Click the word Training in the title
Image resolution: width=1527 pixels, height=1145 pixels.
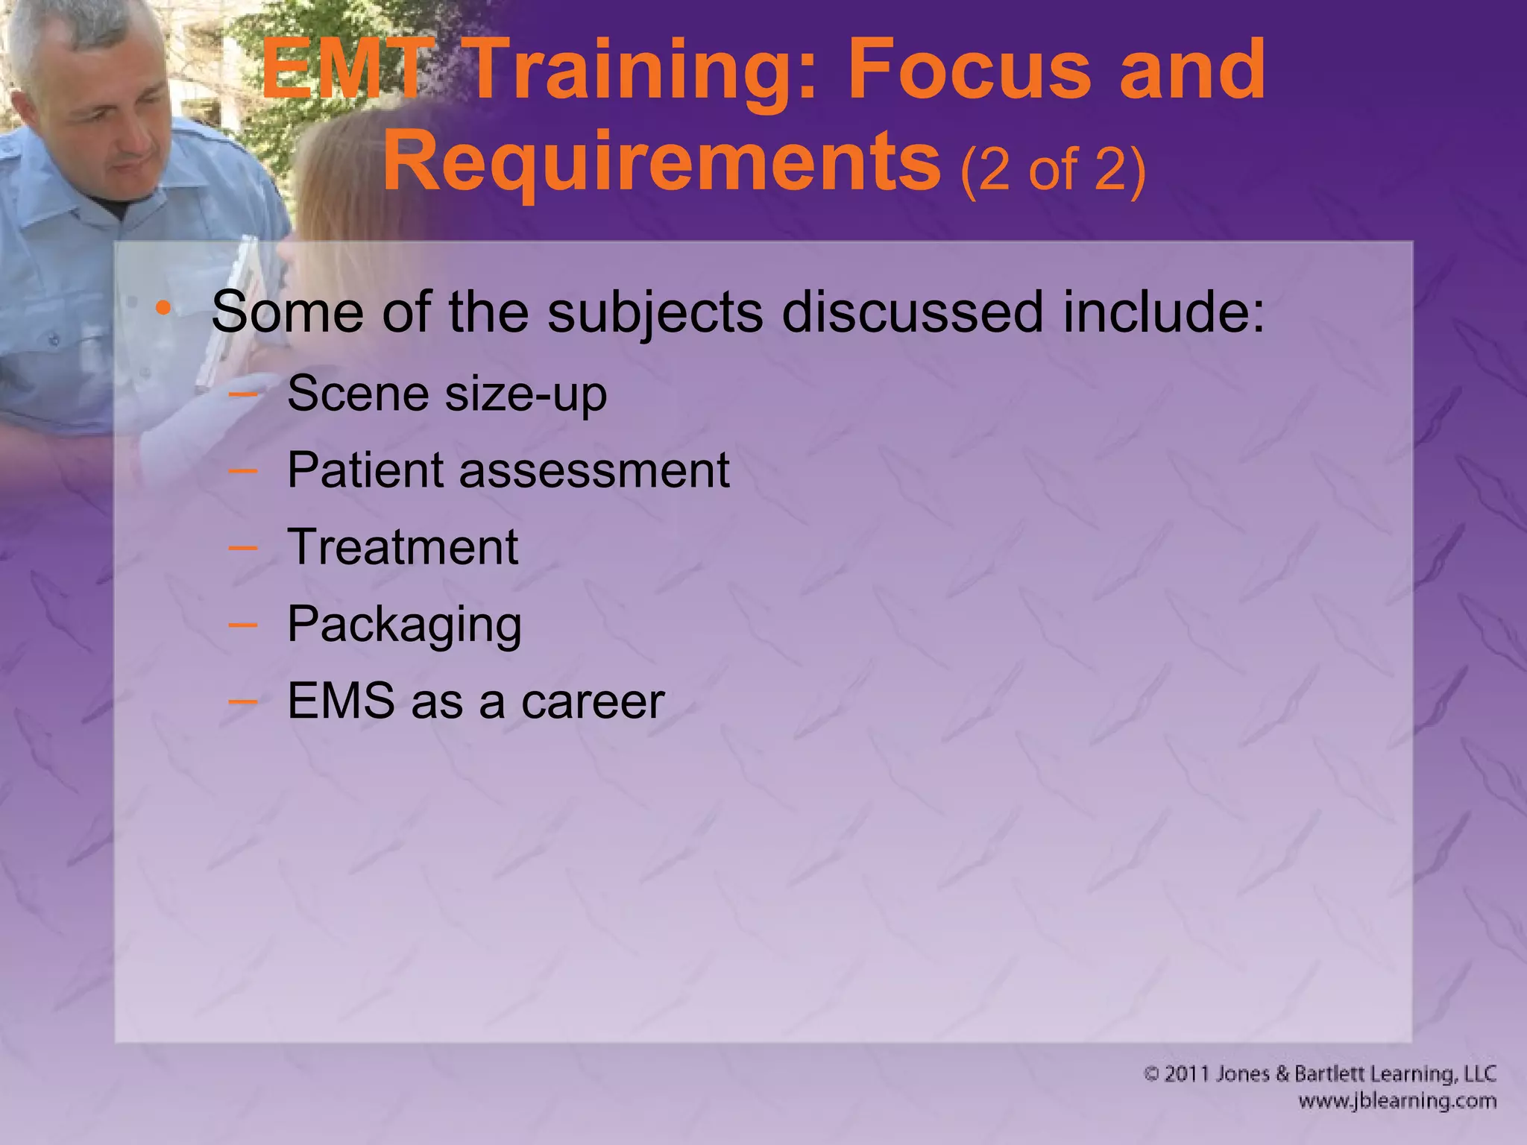tap(640, 71)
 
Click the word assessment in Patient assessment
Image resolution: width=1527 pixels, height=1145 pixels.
tap(594, 470)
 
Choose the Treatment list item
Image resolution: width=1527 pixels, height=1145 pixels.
tap(402, 547)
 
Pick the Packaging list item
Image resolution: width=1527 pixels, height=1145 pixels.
tap(403, 624)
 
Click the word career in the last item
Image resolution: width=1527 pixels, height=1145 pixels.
tap(592, 701)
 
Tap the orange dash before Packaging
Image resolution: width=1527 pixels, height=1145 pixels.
tap(242, 625)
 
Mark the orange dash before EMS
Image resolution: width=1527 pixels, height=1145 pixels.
tap(242, 701)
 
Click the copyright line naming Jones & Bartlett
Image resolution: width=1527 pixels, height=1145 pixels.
tap(1319, 1073)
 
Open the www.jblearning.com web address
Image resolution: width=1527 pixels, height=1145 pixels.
tap(1397, 1101)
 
